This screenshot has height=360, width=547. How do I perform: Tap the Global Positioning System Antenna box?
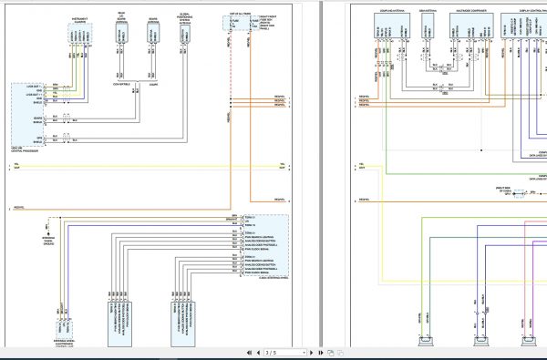(184, 32)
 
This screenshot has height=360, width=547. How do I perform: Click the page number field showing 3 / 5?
(271, 352)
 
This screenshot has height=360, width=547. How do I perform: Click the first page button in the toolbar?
(245, 352)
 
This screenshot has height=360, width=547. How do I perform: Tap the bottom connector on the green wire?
(425, 343)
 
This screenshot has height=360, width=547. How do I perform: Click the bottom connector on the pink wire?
(528, 343)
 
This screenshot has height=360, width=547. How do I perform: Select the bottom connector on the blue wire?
(479, 343)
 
